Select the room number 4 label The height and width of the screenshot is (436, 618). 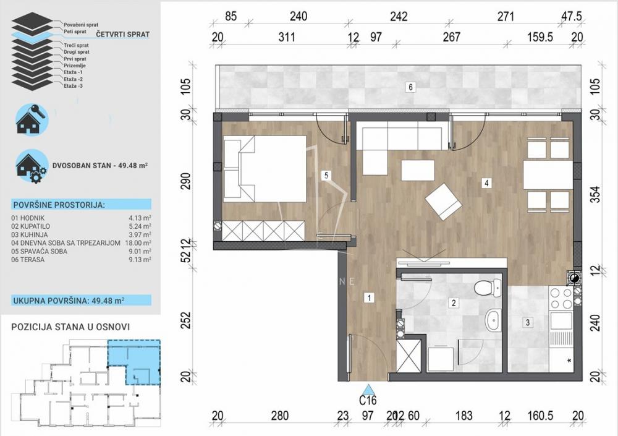point(487,182)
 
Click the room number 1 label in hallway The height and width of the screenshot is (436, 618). point(369,298)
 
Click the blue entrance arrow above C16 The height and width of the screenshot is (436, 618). point(368,390)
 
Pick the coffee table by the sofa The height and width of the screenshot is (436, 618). point(418,169)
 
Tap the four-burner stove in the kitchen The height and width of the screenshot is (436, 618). point(562,299)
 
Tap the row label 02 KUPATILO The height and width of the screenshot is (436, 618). point(33,226)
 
